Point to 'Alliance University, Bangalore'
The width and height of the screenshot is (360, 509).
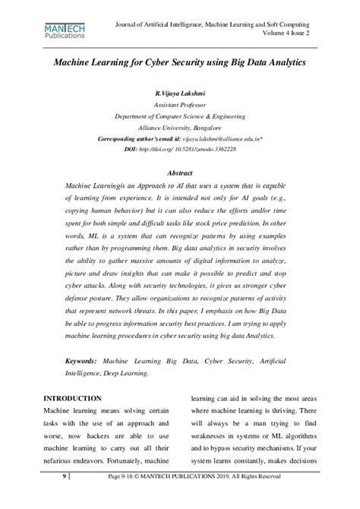click(180, 129)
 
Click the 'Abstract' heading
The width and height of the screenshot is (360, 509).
click(179, 173)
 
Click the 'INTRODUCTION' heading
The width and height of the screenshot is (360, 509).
click(73, 398)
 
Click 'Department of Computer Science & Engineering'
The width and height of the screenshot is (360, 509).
click(180, 118)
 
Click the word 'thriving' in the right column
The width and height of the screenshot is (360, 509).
click(289, 411)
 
